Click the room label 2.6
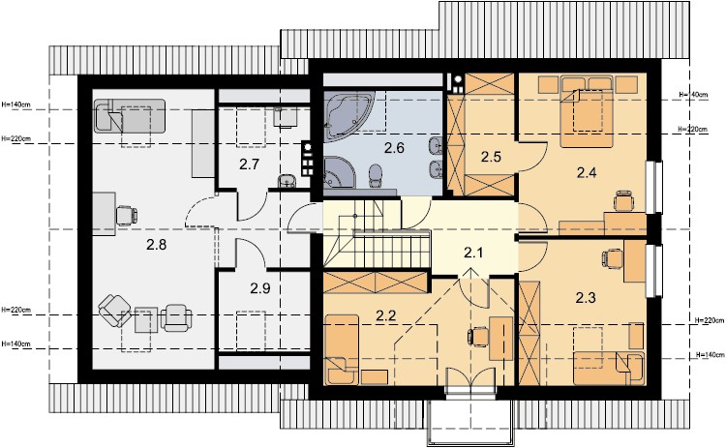point(394,148)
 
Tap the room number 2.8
point(157,245)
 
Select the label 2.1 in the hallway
point(473,253)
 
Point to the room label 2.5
point(491,157)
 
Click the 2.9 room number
point(260,288)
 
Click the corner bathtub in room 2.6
point(348,114)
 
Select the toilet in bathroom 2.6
point(376,176)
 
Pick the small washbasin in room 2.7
point(287,181)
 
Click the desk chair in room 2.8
point(126,216)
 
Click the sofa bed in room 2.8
point(129,116)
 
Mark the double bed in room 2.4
point(587,111)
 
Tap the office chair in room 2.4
point(623,201)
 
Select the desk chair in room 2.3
point(613,258)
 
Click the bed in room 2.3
point(609,369)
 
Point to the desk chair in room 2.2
point(478,336)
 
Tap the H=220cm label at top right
point(693,129)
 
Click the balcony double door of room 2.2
point(470,383)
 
